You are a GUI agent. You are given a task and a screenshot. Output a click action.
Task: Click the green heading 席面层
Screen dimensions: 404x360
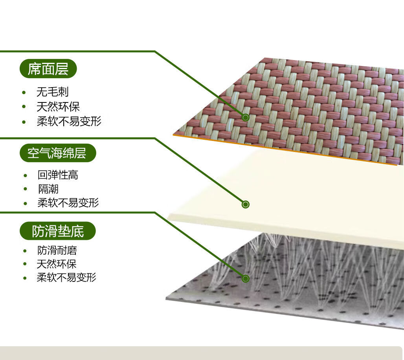pos(48,69)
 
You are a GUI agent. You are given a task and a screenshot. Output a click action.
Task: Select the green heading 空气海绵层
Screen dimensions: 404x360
pos(57,153)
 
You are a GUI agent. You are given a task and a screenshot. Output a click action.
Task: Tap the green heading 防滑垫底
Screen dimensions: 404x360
pos(58,231)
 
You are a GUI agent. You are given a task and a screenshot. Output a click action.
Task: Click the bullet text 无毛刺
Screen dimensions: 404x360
pos(52,92)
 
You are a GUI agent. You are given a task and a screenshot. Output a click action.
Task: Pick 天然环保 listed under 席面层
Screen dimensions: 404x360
pos(58,106)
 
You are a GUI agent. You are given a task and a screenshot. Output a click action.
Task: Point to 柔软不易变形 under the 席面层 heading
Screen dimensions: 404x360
pos(69,121)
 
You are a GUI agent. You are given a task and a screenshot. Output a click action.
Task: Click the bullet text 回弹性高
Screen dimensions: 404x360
pos(58,175)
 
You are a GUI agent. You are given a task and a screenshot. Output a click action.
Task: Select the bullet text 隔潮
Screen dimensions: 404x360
pos(48,189)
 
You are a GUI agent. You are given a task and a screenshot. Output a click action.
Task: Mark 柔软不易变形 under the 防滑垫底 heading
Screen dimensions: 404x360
pos(66,278)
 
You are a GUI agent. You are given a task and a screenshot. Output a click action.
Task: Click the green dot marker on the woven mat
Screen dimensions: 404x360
pos(246,117)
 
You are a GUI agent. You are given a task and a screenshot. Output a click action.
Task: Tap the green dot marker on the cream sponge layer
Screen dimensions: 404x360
pos(246,204)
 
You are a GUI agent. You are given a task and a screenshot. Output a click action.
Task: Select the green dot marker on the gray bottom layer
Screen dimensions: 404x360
pos(246,279)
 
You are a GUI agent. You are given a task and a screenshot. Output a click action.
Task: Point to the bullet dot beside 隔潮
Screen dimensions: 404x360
pos(25,189)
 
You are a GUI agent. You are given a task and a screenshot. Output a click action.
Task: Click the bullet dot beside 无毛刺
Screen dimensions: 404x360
pos(24,93)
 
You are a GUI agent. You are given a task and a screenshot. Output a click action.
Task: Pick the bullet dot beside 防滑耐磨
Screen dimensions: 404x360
pos(25,251)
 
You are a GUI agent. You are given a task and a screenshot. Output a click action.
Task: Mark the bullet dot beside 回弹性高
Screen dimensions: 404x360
pos(25,175)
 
